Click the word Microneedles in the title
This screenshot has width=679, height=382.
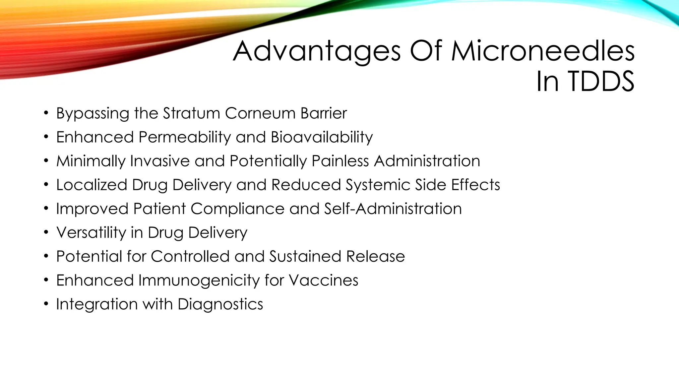coord(543,51)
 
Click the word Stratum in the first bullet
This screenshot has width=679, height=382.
coord(191,113)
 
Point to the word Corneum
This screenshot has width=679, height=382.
coord(260,113)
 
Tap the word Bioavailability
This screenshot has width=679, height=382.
coord(322,137)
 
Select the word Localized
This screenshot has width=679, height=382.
coord(92,185)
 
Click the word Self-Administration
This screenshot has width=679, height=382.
coord(393,209)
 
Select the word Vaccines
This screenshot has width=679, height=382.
coord(323,280)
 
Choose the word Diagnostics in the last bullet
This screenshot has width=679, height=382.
coord(220,304)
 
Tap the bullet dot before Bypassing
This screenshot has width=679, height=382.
coord(46,113)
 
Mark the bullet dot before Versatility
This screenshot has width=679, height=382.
coord(46,232)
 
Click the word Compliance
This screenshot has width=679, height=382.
coord(237,209)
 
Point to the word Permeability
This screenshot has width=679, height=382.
coord(184,137)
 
